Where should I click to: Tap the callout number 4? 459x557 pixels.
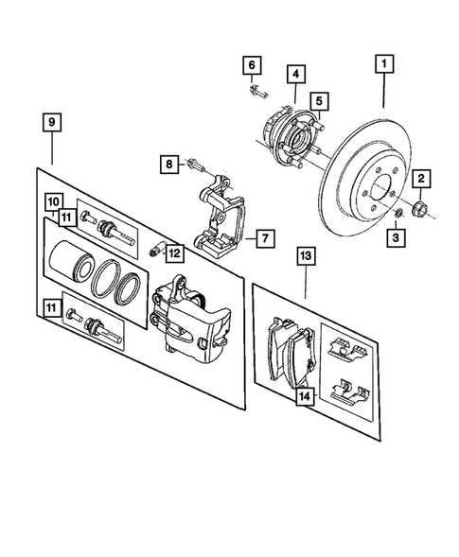pyautogui.click(x=296, y=73)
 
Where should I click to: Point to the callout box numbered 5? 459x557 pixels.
pyautogui.click(x=319, y=100)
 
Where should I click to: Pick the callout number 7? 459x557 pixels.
pyautogui.click(x=264, y=238)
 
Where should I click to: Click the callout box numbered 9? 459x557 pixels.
pyautogui.click(x=52, y=122)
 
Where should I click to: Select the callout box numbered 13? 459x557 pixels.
pyautogui.click(x=306, y=254)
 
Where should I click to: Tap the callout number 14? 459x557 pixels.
pyautogui.click(x=304, y=398)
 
